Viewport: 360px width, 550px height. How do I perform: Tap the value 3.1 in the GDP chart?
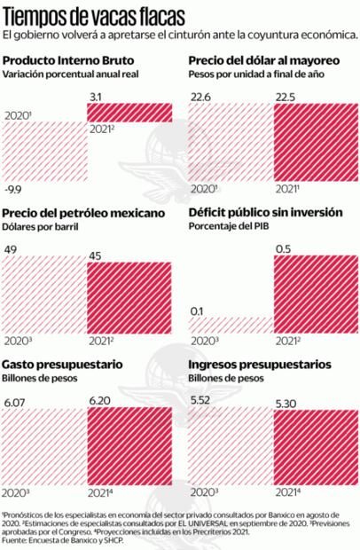click(x=98, y=95)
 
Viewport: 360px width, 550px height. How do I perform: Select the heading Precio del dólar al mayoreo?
click(x=260, y=59)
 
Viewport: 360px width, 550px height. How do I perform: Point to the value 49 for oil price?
click(x=11, y=249)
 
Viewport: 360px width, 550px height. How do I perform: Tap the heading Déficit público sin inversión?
click(x=263, y=214)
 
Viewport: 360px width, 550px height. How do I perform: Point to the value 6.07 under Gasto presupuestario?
click(x=14, y=404)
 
